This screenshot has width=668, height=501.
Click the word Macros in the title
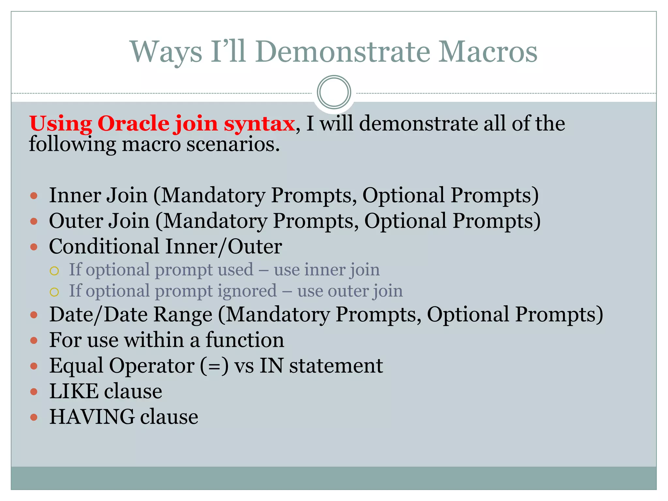coord(487,52)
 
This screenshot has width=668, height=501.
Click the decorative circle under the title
coord(334,92)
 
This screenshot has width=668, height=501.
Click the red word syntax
coord(259,124)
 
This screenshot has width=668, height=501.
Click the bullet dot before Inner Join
coord(34,196)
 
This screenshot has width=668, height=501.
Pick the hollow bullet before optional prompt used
coord(54,271)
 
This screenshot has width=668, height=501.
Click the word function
coord(245,340)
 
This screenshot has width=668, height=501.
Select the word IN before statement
coord(271,365)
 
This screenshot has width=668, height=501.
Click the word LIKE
coord(74,391)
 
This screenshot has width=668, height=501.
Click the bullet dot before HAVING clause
coord(34,417)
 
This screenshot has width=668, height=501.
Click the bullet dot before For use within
coord(34,341)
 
